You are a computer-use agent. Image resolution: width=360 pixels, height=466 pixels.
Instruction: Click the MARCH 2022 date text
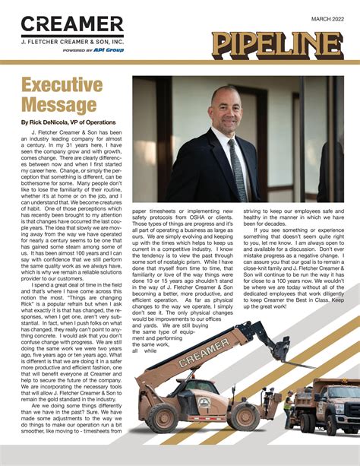[325, 17]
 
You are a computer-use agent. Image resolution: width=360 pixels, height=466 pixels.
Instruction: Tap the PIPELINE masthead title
[276, 46]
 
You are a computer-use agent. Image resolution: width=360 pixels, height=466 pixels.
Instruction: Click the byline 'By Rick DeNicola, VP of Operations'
[68, 122]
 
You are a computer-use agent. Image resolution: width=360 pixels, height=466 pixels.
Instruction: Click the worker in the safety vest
[289, 406]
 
